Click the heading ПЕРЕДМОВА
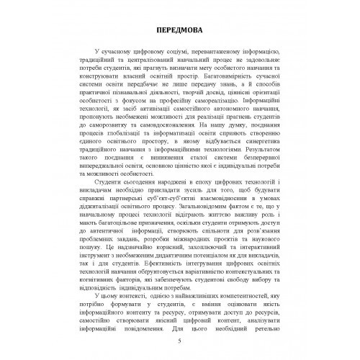(x=179, y=32)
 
